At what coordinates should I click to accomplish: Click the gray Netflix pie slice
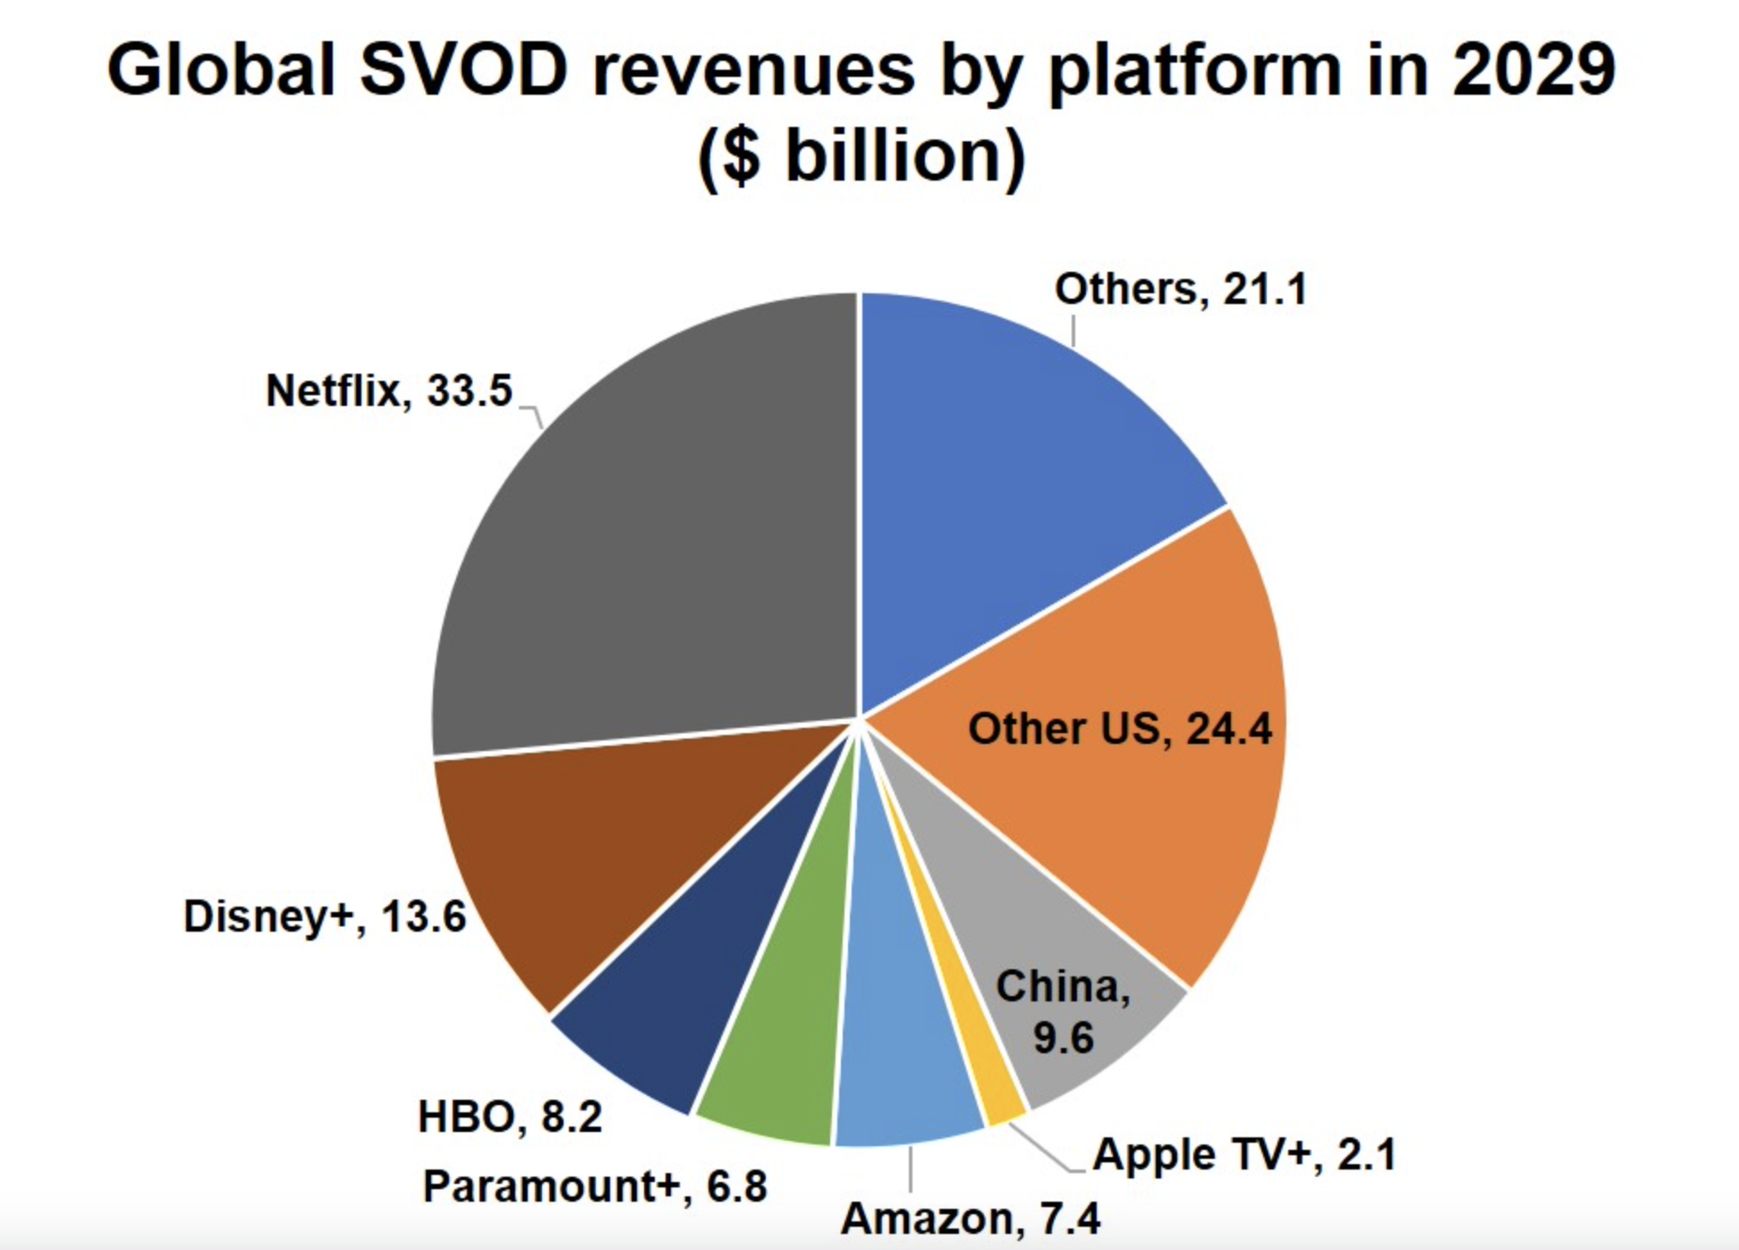tap(644, 536)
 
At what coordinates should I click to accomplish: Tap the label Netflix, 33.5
tap(389, 391)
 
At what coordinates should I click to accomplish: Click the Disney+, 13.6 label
tap(325, 916)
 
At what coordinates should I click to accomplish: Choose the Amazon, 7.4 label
tap(971, 1219)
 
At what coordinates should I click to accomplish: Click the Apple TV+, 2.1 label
tap(1244, 1154)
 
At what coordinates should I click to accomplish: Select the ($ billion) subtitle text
tap(861, 156)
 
